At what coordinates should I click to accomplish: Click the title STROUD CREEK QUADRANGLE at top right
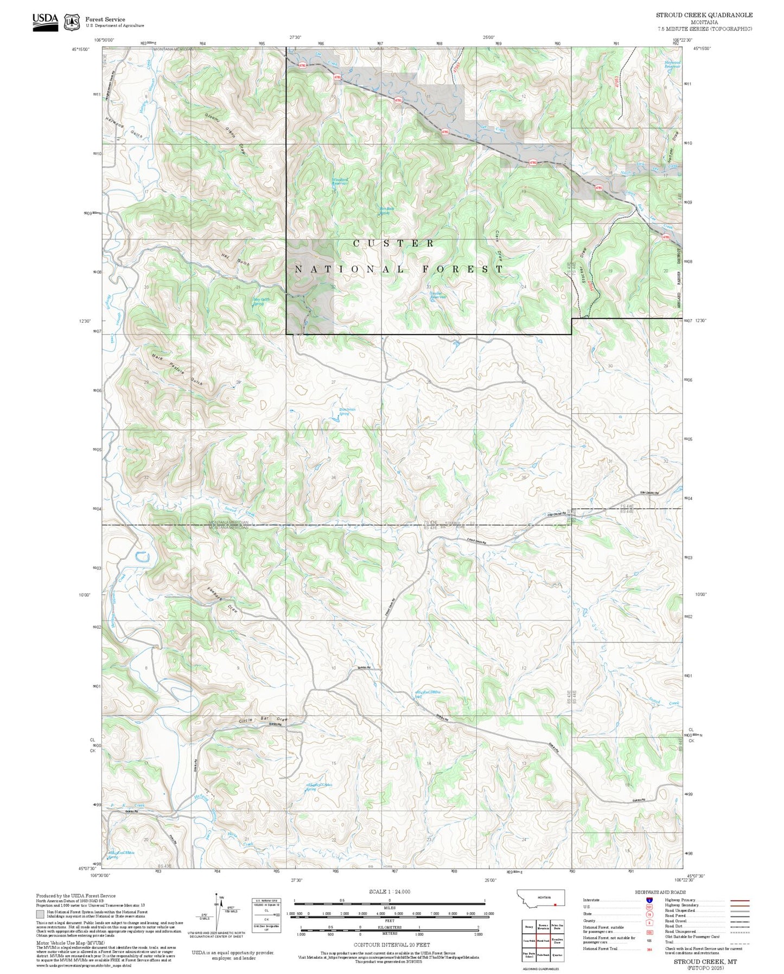(704, 15)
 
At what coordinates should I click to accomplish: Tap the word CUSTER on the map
(394, 244)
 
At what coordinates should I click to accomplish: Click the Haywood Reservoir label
(672, 64)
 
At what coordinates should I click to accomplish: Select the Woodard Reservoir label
(340, 182)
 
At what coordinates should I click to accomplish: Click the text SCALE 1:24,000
(389, 891)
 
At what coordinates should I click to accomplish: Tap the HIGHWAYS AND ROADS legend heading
(660, 892)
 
